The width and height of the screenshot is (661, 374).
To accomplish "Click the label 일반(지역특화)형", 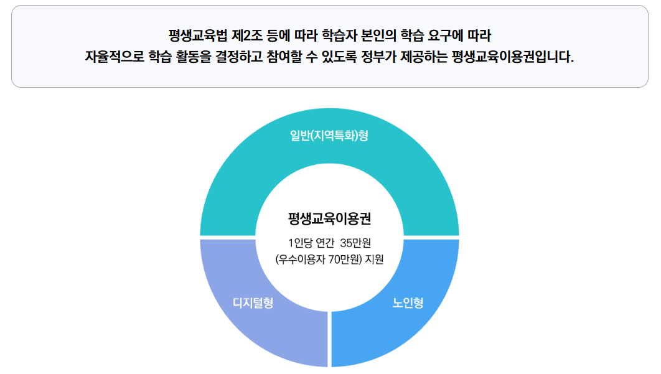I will coord(329,136).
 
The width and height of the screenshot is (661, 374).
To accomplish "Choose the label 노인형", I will coord(408,304).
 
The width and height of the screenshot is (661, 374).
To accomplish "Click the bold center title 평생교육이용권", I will coord(329,219).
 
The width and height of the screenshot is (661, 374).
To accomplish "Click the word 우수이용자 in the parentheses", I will coord(302,259).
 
